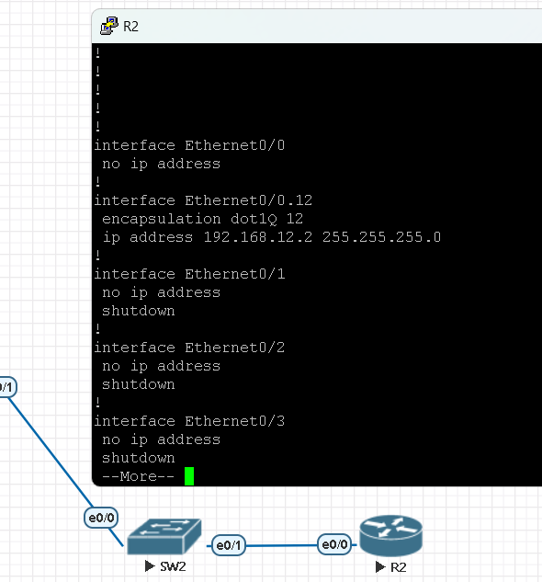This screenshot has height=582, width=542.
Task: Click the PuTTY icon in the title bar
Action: [x=109, y=26]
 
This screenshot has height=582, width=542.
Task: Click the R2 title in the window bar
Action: [x=130, y=27]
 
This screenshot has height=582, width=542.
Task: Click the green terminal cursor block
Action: [x=189, y=476]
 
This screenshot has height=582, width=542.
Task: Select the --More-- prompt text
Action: [x=138, y=476]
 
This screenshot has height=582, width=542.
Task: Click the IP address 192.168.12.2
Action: [x=258, y=237]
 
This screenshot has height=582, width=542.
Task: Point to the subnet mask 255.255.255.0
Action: [x=381, y=237]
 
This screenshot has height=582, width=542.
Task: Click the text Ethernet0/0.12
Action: [x=249, y=200]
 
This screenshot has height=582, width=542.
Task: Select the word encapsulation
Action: [x=162, y=219]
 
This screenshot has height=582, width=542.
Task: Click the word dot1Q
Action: [x=254, y=219]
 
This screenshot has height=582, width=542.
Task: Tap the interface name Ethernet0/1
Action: [x=235, y=274]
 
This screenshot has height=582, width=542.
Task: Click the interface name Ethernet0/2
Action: [x=235, y=348]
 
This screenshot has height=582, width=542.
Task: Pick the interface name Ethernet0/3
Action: [x=235, y=421]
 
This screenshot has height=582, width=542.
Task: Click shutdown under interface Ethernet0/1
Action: [x=139, y=311]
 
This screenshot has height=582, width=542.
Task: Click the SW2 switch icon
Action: [x=164, y=536]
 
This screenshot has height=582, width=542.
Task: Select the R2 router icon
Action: [x=391, y=536]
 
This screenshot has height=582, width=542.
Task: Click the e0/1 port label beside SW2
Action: [x=229, y=545]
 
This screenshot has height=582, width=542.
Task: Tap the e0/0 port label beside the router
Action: [x=334, y=544]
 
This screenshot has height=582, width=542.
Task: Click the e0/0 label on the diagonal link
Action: [x=101, y=518]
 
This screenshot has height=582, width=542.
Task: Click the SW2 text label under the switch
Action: [x=173, y=566]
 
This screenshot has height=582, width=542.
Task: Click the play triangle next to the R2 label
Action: [x=380, y=566]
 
